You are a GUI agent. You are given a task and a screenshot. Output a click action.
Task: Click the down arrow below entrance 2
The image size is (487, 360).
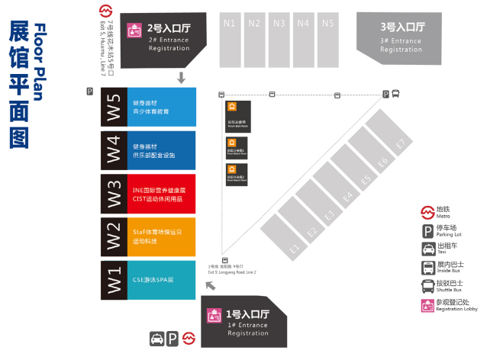pyautogui.click(x=181, y=77)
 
